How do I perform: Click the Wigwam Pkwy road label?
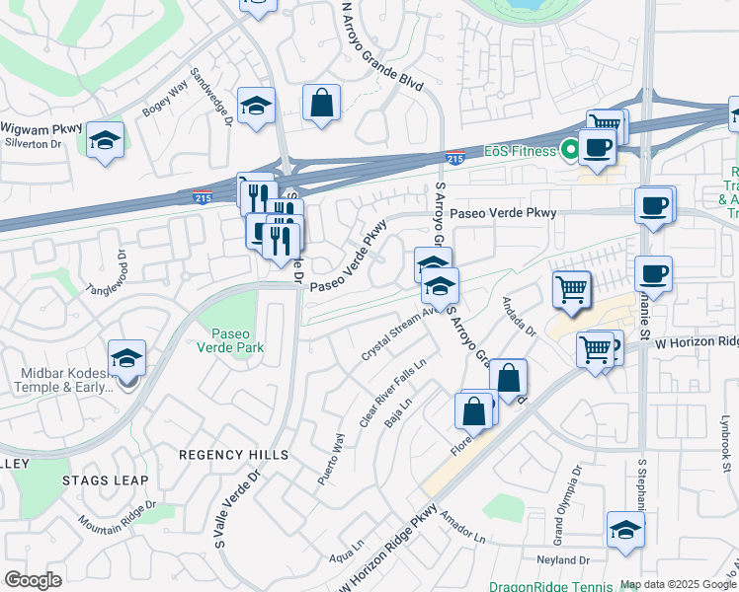(x=41, y=128)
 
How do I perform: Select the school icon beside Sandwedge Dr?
(x=257, y=108)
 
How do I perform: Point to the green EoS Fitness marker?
(x=569, y=151)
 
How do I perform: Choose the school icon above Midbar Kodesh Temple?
(x=126, y=358)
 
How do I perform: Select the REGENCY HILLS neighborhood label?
(x=233, y=455)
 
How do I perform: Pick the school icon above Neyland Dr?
(x=624, y=530)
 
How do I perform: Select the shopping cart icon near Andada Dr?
(x=571, y=289)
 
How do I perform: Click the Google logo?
(x=33, y=580)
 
